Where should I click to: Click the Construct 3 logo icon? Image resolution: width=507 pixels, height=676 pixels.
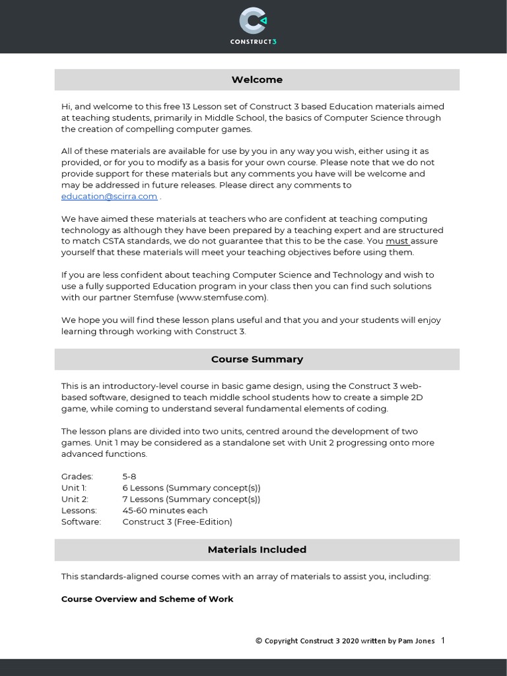tap(253, 20)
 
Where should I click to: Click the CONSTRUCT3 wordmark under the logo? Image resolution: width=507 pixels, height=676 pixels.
tap(253, 42)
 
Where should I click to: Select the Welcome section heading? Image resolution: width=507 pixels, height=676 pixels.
tap(257, 80)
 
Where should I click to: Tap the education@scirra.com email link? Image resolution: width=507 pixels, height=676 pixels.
tap(110, 196)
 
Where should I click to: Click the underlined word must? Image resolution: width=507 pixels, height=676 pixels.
tap(397, 241)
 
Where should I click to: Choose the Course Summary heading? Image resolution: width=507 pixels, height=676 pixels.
tap(257, 360)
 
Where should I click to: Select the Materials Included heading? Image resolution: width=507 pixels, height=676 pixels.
tap(257, 549)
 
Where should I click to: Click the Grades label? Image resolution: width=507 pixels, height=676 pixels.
tap(77, 477)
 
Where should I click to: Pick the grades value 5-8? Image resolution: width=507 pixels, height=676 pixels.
tap(130, 477)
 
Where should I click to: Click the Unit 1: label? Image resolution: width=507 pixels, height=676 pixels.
tap(74, 488)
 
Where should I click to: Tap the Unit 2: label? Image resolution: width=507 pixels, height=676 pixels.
tap(75, 499)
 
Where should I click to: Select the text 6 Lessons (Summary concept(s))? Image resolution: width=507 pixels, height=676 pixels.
tap(191, 488)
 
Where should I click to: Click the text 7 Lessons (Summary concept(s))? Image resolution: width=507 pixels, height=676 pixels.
tap(191, 499)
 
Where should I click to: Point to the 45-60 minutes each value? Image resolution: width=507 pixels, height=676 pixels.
tap(165, 510)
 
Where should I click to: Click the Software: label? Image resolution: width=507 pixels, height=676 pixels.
tap(81, 522)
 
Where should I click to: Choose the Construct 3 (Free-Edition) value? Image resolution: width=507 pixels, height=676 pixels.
tap(178, 522)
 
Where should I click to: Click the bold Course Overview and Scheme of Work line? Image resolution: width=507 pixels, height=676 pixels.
tap(147, 599)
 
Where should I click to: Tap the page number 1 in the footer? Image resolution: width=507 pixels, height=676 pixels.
tap(442, 640)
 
